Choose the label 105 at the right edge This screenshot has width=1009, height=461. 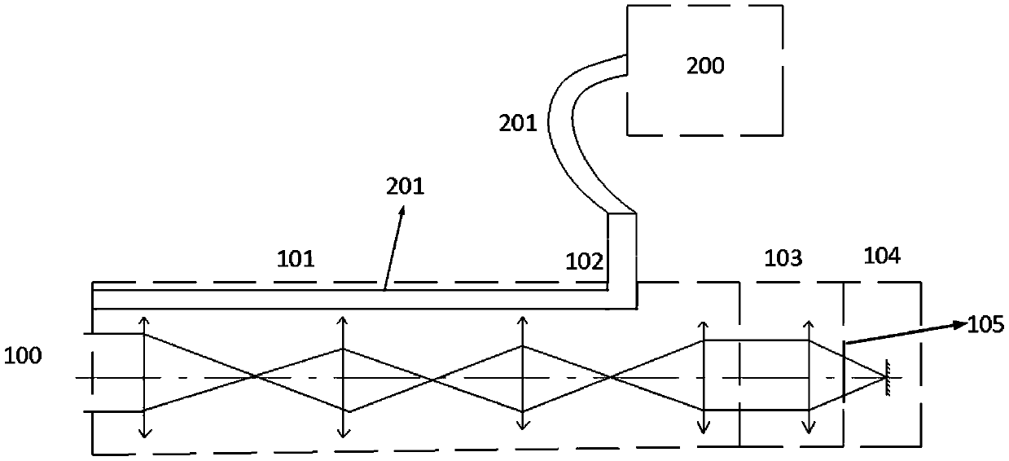[985, 325]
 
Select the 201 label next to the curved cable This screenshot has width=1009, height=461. [518, 125]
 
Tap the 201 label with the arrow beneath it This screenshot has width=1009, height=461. [405, 187]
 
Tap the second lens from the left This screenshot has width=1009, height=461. [344, 377]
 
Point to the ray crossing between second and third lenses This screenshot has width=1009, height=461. [432, 377]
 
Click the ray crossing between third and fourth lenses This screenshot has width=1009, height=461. [610, 377]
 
